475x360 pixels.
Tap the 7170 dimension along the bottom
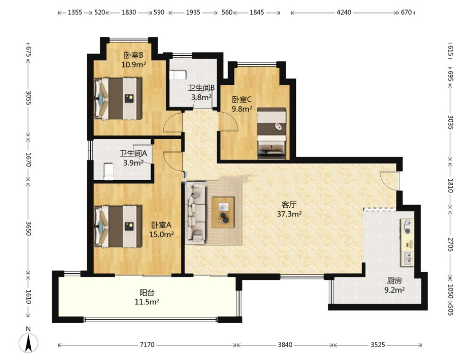click(x=147, y=345)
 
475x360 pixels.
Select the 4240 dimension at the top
click(x=344, y=12)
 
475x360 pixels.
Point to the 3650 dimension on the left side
click(x=28, y=228)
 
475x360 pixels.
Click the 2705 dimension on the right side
click(x=450, y=244)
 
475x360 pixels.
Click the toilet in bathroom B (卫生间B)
click(x=178, y=75)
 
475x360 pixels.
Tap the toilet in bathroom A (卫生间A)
click(x=108, y=171)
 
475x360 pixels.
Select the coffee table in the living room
click(x=223, y=212)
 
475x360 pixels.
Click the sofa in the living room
click(x=196, y=213)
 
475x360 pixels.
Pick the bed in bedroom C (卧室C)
click(x=271, y=133)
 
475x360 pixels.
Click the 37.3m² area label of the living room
click(x=289, y=214)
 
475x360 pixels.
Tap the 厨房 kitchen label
click(x=394, y=281)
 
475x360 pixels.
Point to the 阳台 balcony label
click(x=147, y=293)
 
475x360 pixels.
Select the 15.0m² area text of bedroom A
click(x=161, y=234)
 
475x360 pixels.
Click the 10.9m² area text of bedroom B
click(x=134, y=64)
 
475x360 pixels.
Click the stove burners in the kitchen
click(x=408, y=227)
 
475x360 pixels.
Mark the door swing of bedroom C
click(x=229, y=121)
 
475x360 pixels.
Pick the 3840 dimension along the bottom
click(x=285, y=345)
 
